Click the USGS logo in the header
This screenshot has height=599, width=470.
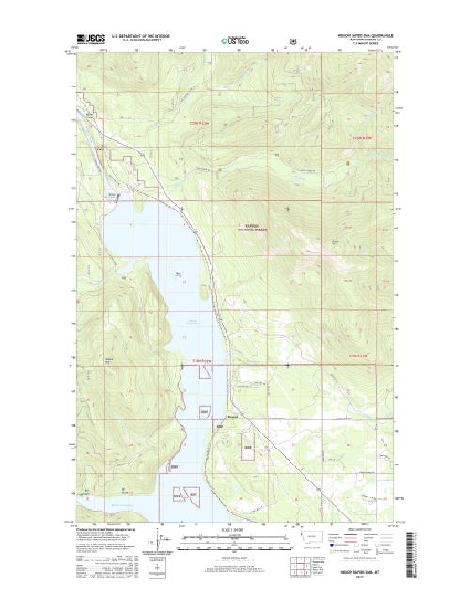coord(91,40)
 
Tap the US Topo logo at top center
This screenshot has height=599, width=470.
coord(238,41)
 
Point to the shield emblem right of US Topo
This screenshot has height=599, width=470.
coord(294,41)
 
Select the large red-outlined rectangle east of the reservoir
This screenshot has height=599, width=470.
coord(249,445)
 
